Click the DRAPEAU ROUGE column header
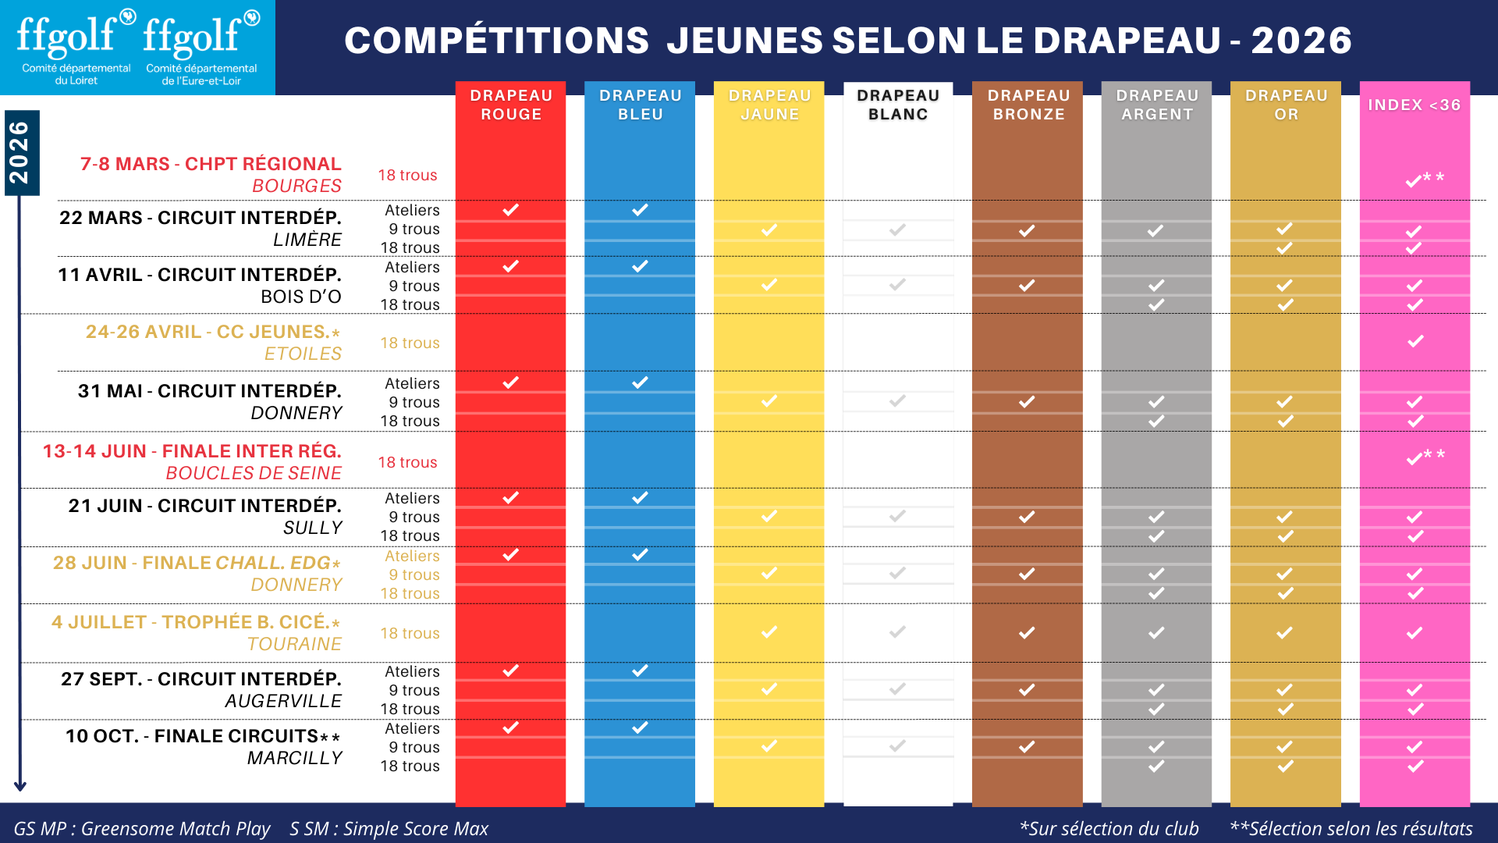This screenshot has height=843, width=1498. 511,105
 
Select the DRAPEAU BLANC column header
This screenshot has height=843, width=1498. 898,105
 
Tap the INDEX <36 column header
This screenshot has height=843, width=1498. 1414,105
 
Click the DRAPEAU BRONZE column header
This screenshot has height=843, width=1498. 1028,105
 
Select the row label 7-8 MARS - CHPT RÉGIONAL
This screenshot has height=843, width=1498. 211,164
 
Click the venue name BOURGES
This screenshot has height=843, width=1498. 296,186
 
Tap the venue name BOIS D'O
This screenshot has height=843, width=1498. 301,297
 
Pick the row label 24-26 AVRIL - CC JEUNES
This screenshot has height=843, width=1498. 212,332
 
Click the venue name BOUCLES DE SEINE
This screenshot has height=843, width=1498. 254,473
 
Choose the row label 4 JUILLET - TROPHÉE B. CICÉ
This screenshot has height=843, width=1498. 195,622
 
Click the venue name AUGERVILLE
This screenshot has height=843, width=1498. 283,701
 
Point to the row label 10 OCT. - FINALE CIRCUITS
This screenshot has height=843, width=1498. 202,736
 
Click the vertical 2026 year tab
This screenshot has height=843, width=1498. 20,152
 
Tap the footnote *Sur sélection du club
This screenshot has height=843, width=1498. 1109,828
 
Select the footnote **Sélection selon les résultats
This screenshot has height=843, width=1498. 1351,828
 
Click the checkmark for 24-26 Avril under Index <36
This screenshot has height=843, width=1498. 1415,341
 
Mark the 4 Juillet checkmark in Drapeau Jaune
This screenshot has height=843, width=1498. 769,631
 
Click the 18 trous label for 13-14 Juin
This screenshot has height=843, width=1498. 407,462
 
